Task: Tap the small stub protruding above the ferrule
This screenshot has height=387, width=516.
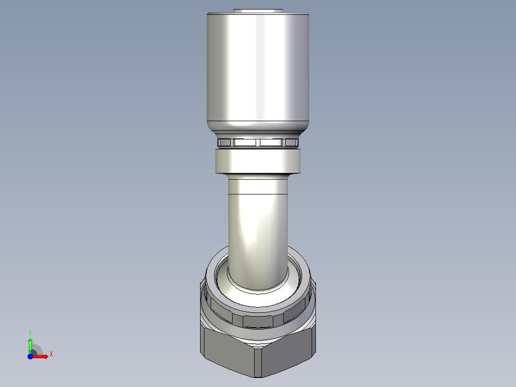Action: pyautogui.click(x=258, y=11)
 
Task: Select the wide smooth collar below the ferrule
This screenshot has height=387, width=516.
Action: pyautogui.click(x=258, y=161)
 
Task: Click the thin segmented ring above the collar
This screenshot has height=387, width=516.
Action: pyautogui.click(x=258, y=142)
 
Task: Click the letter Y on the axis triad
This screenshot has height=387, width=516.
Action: pyautogui.click(x=30, y=333)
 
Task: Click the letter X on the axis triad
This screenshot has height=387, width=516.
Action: pyautogui.click(x=51, y=354)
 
